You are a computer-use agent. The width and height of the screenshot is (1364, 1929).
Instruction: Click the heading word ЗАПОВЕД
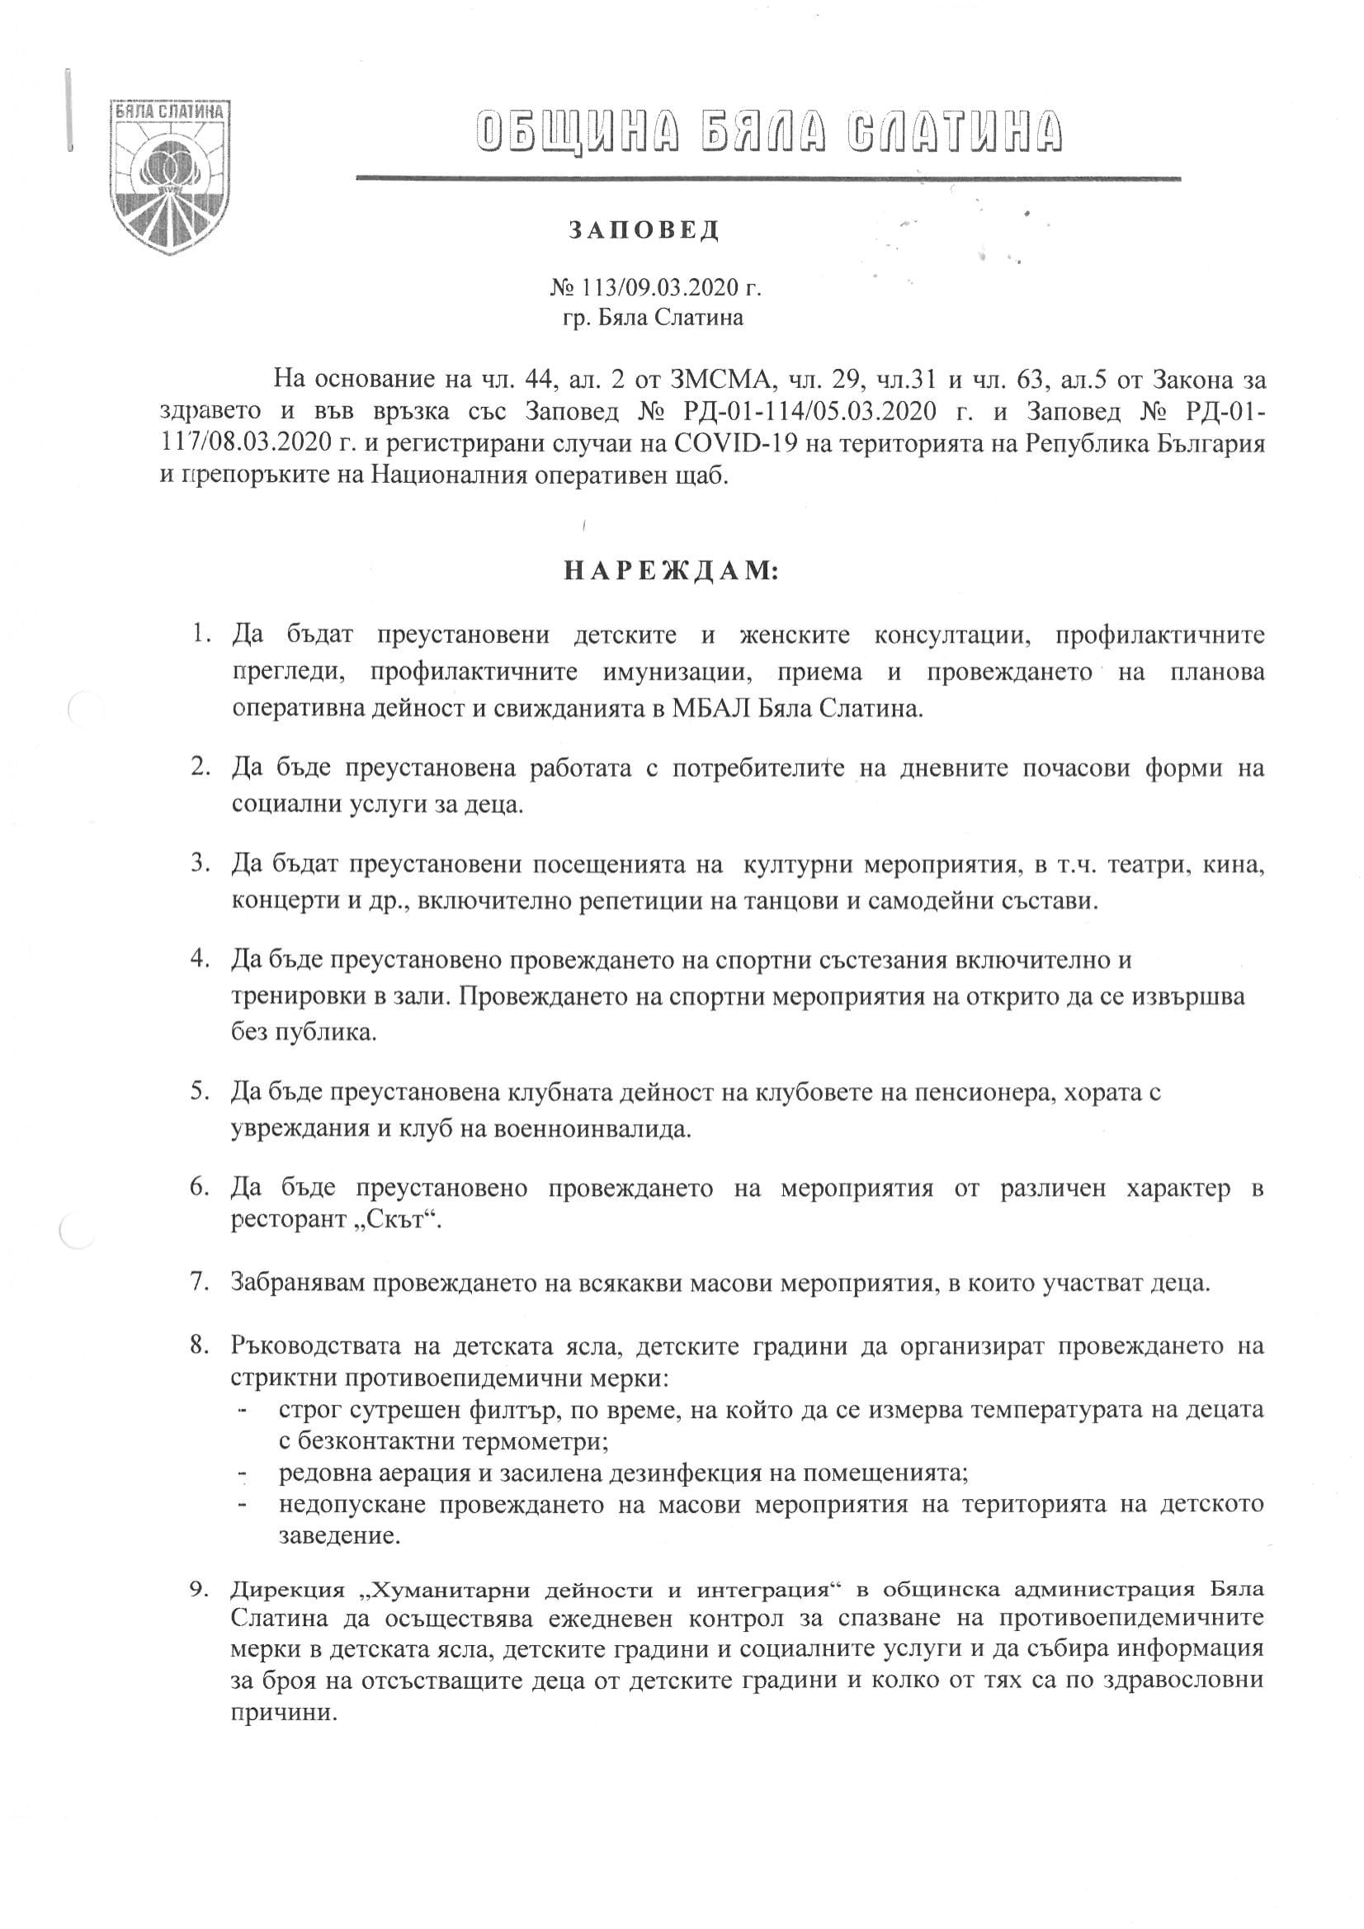(x=644, y=230)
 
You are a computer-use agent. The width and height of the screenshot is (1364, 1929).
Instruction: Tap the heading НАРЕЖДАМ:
(x=671, y=572)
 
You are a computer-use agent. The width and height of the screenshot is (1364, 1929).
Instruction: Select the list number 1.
(x=199, y=633)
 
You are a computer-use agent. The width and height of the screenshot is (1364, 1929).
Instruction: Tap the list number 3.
(x=199, y=863)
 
